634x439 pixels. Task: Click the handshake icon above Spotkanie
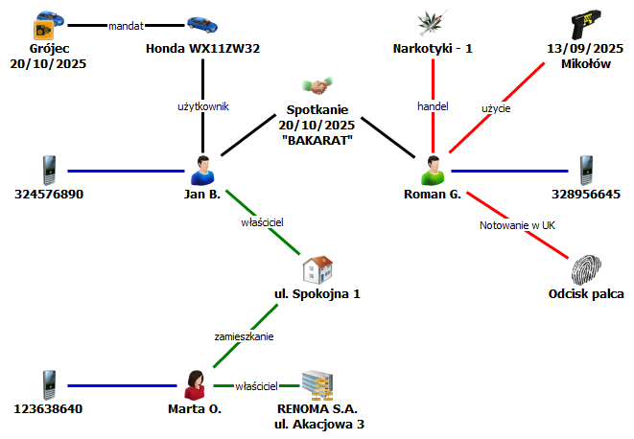tap(317, 86)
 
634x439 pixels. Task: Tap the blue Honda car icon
tap(203, 24)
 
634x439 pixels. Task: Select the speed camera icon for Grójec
tap(44, 24)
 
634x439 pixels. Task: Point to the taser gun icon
tap(585, 23)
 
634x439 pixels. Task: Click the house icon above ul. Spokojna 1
tap(317, 268)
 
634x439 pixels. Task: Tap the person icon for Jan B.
tap(202, 171)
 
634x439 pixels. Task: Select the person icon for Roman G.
tap(434, 171)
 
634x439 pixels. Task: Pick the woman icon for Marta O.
tap(196, 384)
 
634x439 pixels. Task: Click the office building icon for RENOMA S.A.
tap(317, 384)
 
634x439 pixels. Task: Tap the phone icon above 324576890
tap(49, 171)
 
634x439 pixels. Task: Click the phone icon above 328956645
tap(585, 171)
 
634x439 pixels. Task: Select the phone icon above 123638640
tap(49, 384)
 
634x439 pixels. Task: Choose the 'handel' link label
tap(434, 106)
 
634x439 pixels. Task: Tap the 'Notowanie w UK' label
tap(517, 226)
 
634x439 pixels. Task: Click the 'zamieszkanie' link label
tap(244, 336)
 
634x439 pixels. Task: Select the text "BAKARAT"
tap(317, 141)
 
